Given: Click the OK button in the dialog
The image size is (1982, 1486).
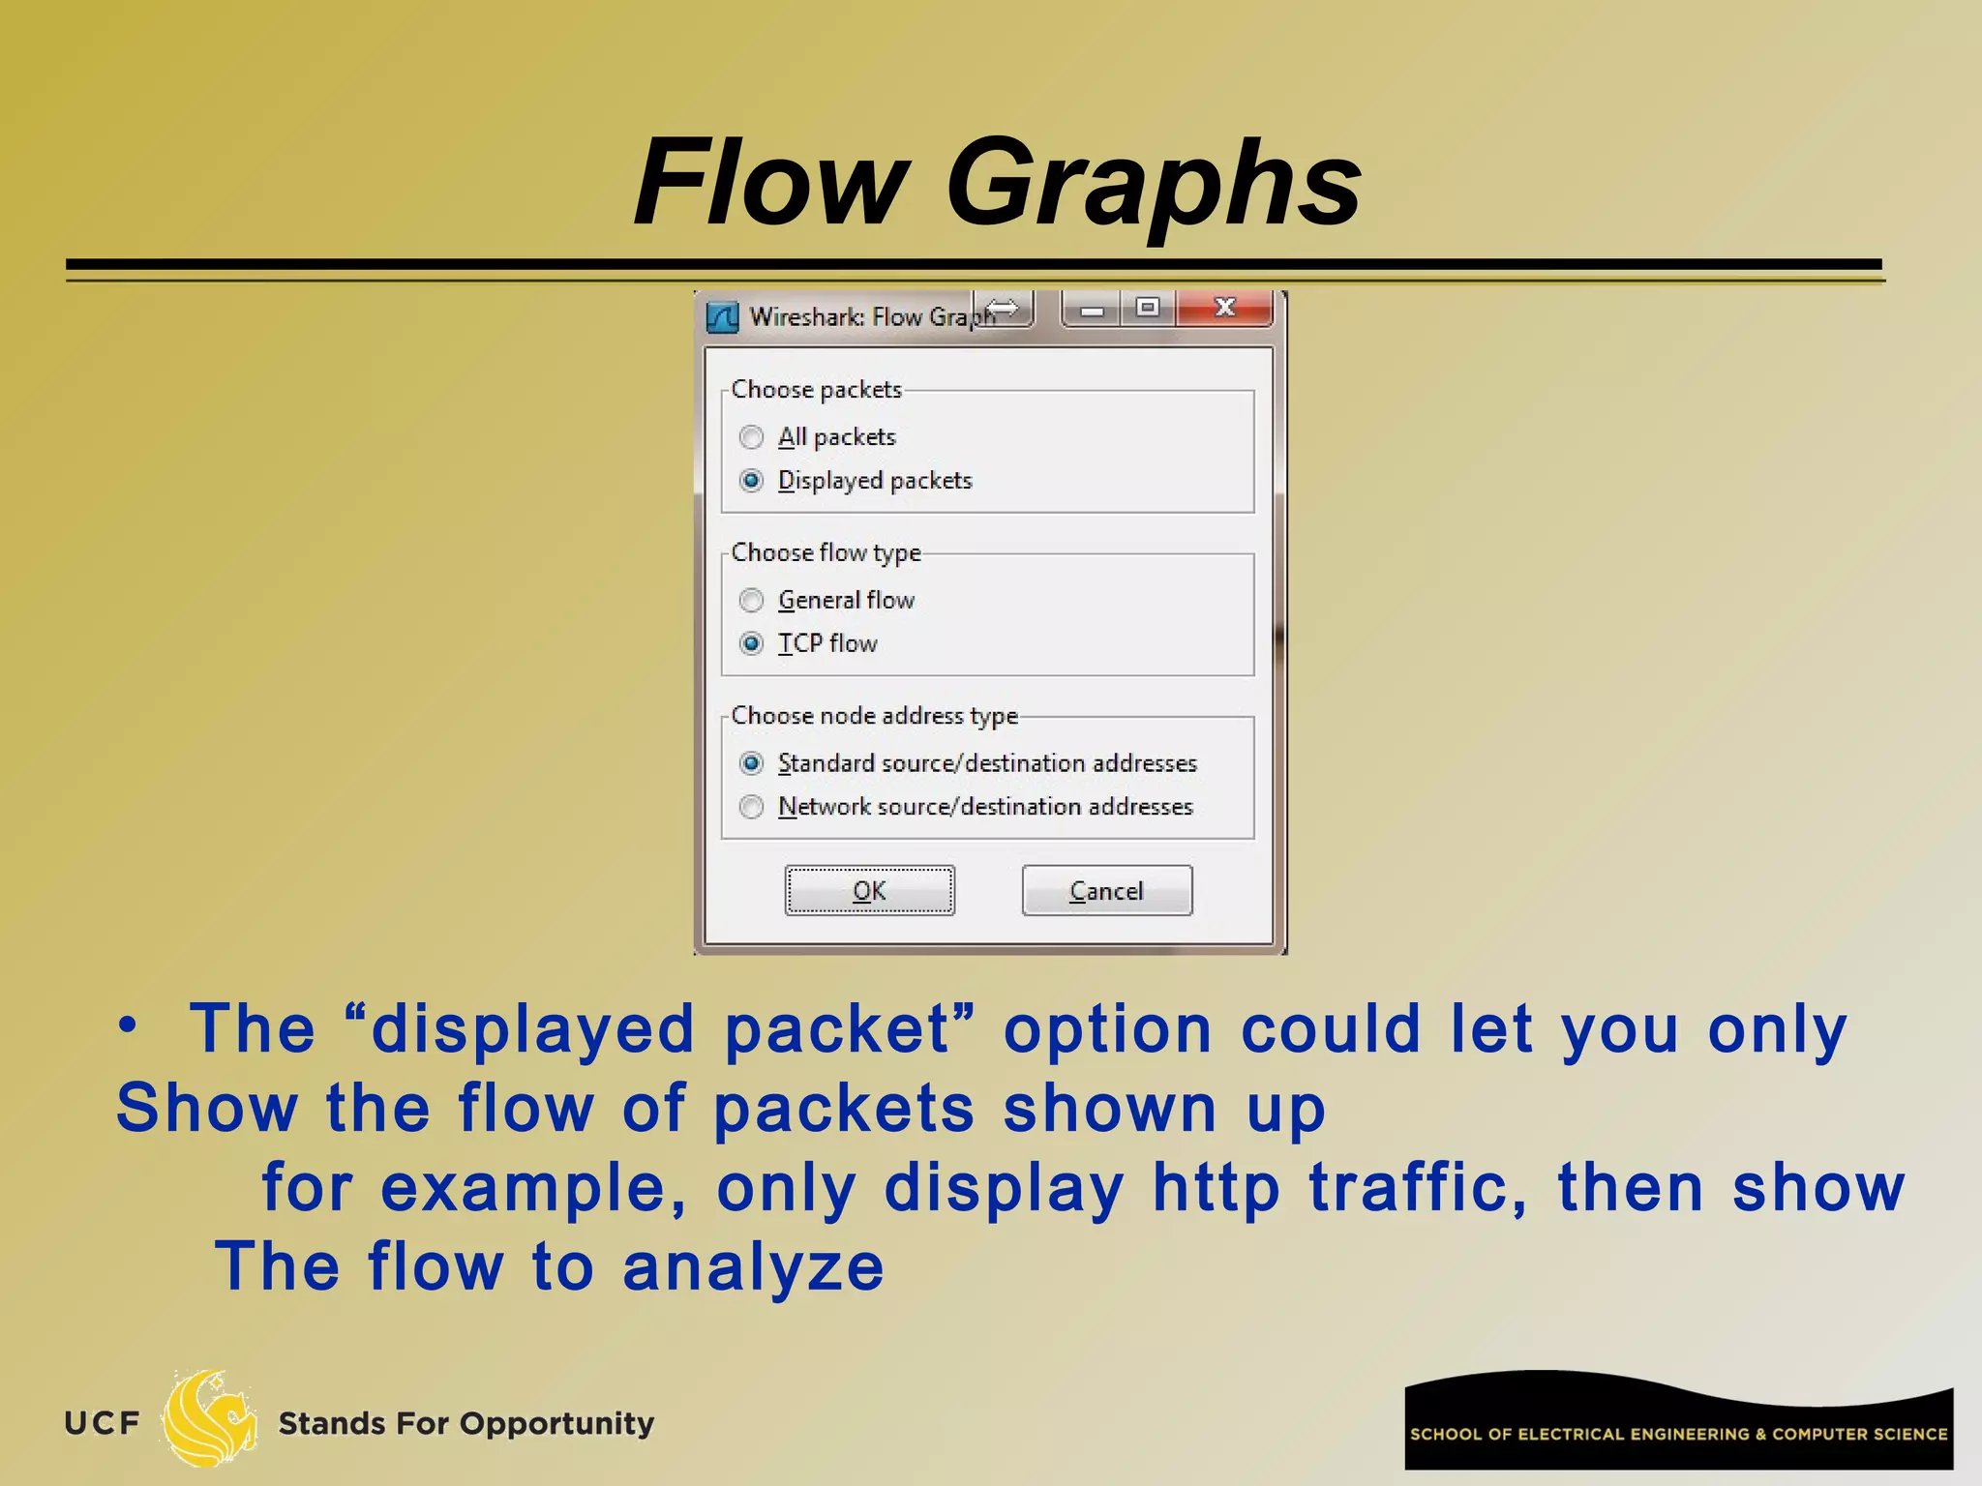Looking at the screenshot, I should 869,890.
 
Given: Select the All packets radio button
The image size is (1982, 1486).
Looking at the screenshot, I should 752,437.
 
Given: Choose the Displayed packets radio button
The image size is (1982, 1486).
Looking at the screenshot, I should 752,481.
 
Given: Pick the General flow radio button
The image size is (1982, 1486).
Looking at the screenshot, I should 752,601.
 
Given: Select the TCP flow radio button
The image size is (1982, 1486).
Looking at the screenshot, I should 752,643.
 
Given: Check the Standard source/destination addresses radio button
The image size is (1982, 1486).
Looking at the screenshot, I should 752,763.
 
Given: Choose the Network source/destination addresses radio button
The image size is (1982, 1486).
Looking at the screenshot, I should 752,807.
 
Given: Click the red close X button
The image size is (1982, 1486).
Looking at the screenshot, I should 1224,309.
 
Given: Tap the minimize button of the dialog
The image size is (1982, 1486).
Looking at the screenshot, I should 1093,310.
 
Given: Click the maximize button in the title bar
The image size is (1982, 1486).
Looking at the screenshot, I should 1148,309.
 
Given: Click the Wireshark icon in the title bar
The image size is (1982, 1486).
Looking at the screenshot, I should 722,317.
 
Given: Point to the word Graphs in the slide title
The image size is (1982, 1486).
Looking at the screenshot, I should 1154,184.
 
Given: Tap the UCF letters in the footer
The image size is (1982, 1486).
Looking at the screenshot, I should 103,1423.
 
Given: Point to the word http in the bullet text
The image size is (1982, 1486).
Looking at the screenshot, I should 1216,1188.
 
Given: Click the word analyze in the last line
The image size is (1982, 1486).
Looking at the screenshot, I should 753,1267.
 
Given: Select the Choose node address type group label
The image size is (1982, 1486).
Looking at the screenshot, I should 874,716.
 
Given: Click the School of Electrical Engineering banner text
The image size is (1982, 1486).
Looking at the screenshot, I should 1678,1434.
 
